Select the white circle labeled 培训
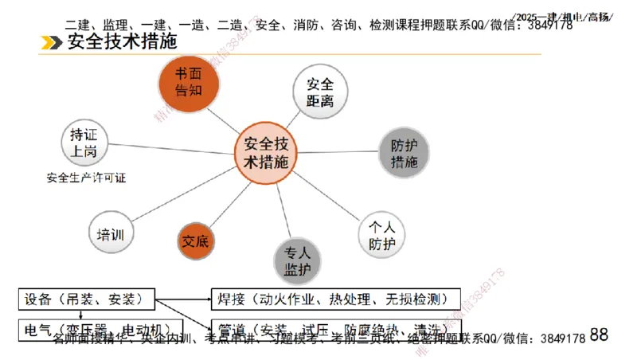(110, 234)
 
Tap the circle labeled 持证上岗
(84, 143)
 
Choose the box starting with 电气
(99, 328)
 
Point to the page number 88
(599, 335)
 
